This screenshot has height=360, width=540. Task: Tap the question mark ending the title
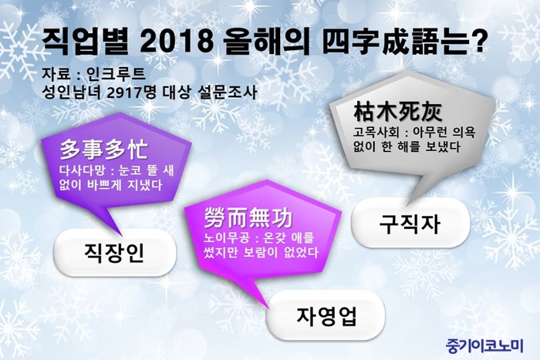pyautogui.click(x=478, y=42)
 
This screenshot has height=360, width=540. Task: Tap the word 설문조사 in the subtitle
pyautogui.click(x=228, y=93)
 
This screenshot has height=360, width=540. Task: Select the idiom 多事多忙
pyautogui.click(x=103, y=150)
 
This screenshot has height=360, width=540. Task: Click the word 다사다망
pyautogui.click(x=81, y=170)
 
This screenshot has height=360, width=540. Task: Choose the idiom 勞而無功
pyautogui.click(x=248, y=218)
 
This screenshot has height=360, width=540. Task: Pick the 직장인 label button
pyautogui.click(x=115, y=253)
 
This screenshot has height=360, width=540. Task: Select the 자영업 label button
pyautogui.click(x=326, y=316)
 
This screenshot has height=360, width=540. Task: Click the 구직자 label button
pyautogui.click(x=410, y=224)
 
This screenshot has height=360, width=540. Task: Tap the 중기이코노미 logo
pyautogui.click(x=484, y=345)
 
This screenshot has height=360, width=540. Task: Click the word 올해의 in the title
pyautogui.click(x=266, y=42)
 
